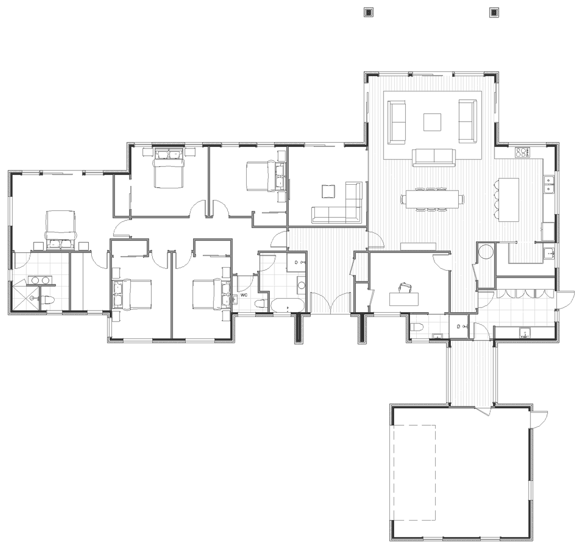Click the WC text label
click(244, 295)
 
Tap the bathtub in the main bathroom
click(288, 305)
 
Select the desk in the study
click(404, 299)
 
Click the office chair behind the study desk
click(404, 287)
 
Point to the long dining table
click(432, 199)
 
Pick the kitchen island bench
click(508, 199)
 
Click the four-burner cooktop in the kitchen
click(522, 153)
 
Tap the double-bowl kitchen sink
click(550, 185)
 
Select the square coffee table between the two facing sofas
click(433, 122)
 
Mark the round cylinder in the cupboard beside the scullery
click(485, 251)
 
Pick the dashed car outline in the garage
click(414, 472)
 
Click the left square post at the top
click(368, 12)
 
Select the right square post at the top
click(493, 12)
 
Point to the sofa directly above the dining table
click(433, 157)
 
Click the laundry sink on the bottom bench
click(523, 332)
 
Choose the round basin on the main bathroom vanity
click(302, 286)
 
